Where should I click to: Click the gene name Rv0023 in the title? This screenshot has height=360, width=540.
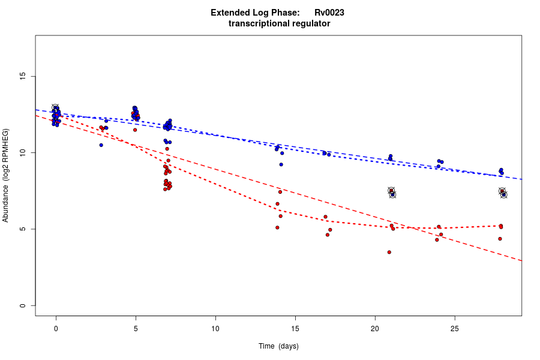pos(329,13)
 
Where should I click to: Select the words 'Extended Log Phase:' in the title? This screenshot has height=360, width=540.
pos(255,13)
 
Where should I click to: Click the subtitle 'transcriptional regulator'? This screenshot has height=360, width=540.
pos(279,23)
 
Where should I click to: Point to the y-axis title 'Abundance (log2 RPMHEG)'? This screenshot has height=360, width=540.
pos(6,175)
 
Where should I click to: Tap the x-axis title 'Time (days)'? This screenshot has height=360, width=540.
pos(278,346)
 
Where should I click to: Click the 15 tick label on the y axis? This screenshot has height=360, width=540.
pos(23,76)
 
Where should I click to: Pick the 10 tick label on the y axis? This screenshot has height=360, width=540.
pos(23,153)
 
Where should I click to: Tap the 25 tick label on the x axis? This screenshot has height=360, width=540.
pos(454,328)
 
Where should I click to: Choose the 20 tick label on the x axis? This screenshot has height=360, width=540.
pos(375,328)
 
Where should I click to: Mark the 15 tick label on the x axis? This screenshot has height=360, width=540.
pos(295,328)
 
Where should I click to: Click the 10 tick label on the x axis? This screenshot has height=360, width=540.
pos(215,328)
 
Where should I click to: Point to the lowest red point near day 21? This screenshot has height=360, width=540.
pos(389,252)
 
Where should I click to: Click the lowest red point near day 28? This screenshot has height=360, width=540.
pos(500,239)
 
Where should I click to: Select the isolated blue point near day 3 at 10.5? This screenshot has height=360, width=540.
pos(101,145)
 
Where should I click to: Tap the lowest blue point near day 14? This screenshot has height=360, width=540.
pos(281,164)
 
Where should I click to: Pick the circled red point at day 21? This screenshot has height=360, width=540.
pos(391,191)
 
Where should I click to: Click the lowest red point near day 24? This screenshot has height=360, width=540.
pos(437,240)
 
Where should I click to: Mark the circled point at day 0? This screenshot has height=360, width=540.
pos(55,107)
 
